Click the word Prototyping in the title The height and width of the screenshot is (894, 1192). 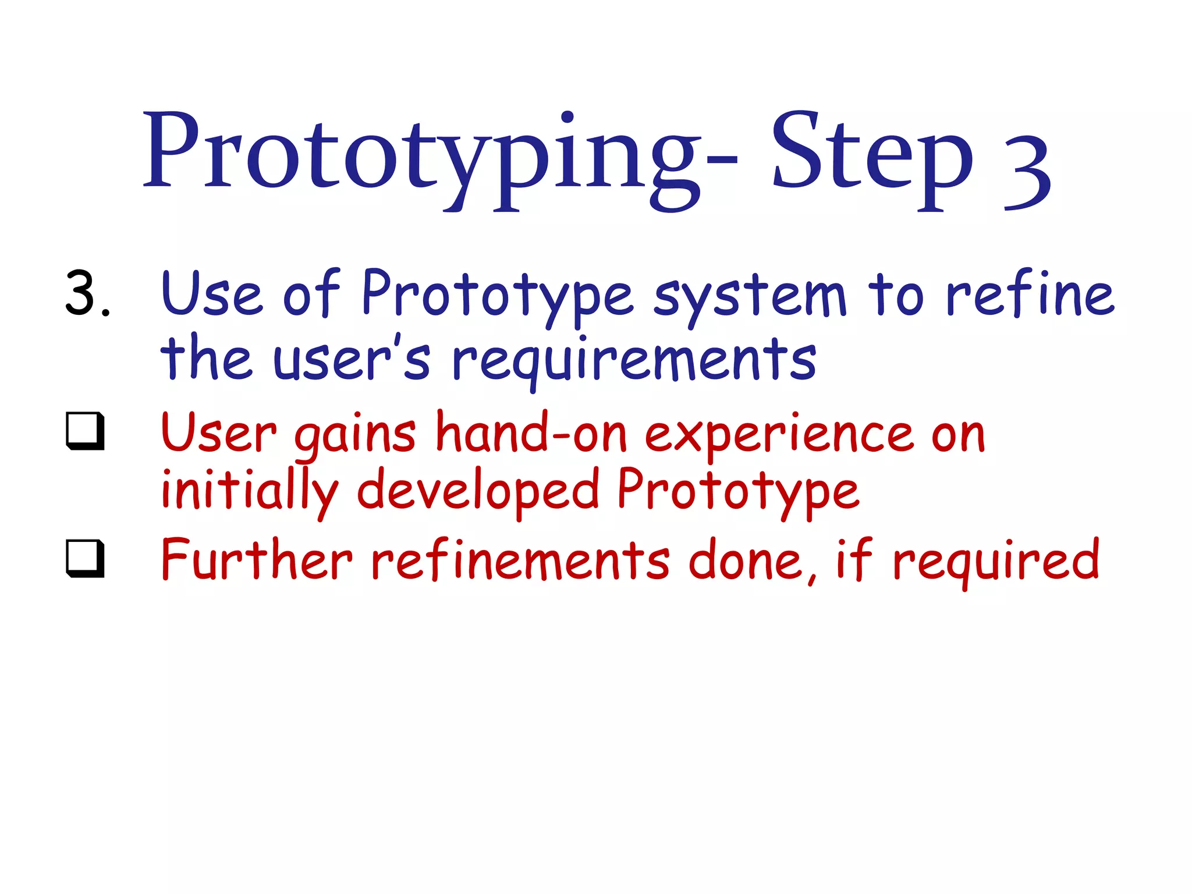pyautogui.click(x=422, y=154)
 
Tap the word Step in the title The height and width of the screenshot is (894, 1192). pyautogui.click(x=871, y=154)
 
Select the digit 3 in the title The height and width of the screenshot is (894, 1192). pyautogui.click(x=1027, y=172)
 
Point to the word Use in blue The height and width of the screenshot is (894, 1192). pyautogui.click(x=212, y=294)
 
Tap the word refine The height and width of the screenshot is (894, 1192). pyautogui.click(x=1030, y=294)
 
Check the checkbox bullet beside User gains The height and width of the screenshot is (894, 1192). pyautogui.click(x=86, y=431)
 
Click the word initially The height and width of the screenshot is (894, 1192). pyautogui.click(x=249, y=492)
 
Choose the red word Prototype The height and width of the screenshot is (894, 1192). pyautogui.click(x=737, y=492)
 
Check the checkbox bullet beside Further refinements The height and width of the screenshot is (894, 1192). pyautogui.click(x=86, y=559)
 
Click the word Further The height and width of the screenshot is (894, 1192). pyautogui.click(x=257, y=559)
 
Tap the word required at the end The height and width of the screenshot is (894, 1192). pyautogui.click(x=996, y=562)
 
